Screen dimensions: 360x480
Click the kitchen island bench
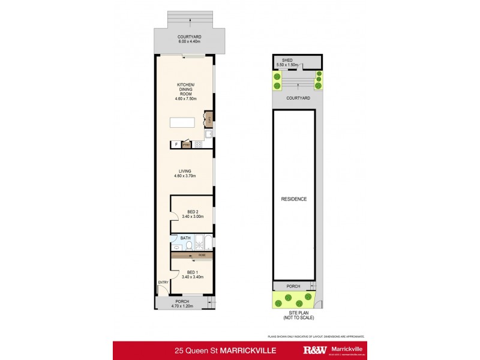pos(182,122)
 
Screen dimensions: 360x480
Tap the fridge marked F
pos(176,145)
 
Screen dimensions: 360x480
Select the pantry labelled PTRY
pos(186,145)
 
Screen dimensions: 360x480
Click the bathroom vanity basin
pos(173,247)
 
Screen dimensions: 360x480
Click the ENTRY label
pos(163,282)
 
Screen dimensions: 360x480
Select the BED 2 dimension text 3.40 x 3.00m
pos(192,217)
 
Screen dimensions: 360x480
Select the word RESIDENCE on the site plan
pos(294,199)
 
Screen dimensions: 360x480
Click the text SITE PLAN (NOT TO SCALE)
pos(294,315)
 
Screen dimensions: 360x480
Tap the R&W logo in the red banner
pos(315,350)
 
